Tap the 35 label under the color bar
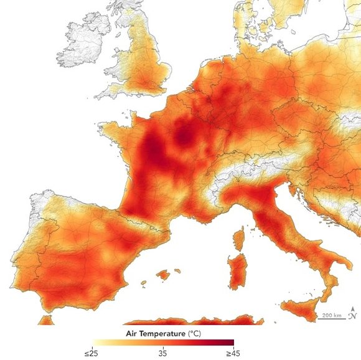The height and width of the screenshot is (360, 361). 164,353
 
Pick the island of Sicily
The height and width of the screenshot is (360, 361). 304,308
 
